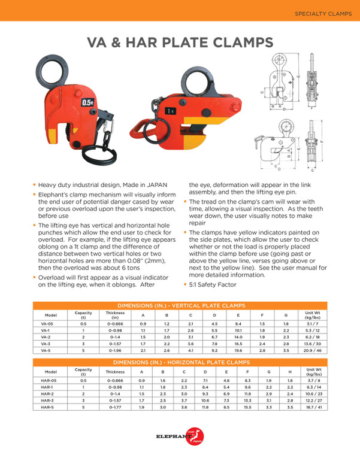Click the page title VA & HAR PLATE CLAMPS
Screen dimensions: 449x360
180,43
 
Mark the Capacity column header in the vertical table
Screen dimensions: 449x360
83,314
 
